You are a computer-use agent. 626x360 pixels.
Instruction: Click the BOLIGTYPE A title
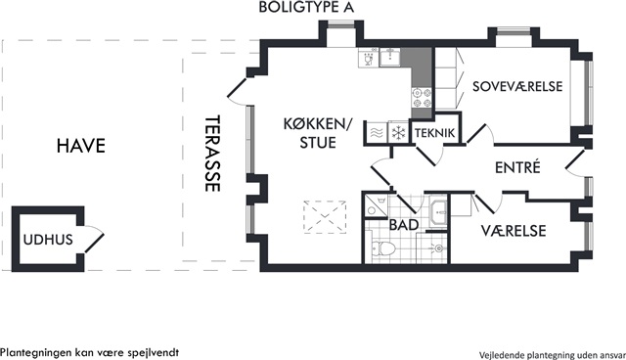coord(306,7)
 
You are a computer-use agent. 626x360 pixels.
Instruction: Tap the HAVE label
coord(81,146)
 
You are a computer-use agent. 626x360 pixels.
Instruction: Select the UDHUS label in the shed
coord(48,240)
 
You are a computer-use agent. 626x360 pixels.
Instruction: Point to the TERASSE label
coord(212,154)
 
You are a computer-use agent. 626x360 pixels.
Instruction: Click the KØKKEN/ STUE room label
coord(318,133)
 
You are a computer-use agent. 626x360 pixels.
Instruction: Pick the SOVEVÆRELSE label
coord(517,86)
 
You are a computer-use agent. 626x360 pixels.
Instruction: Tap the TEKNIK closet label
coord(434,133)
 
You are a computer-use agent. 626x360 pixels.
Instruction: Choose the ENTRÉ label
coord(517,167)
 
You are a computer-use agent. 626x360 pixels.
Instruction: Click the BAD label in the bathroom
coord(404,225)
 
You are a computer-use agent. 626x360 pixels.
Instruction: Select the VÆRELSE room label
coord(514,231)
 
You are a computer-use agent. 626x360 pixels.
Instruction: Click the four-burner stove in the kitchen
coord(422,98)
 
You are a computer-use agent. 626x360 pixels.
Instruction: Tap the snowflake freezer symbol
coord(398,132)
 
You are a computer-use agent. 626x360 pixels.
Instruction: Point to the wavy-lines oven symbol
coord(378,132)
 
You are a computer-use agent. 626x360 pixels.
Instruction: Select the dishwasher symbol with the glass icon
coord(369,58)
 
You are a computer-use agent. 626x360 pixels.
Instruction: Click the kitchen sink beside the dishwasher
coord(389,57)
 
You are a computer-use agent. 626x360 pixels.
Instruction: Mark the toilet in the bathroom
coord(383,249)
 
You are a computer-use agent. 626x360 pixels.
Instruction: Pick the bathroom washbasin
coord(439,208)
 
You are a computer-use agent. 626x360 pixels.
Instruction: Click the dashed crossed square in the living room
coord(325,217)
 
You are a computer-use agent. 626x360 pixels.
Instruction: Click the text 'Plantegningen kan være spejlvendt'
coord(89,353)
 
